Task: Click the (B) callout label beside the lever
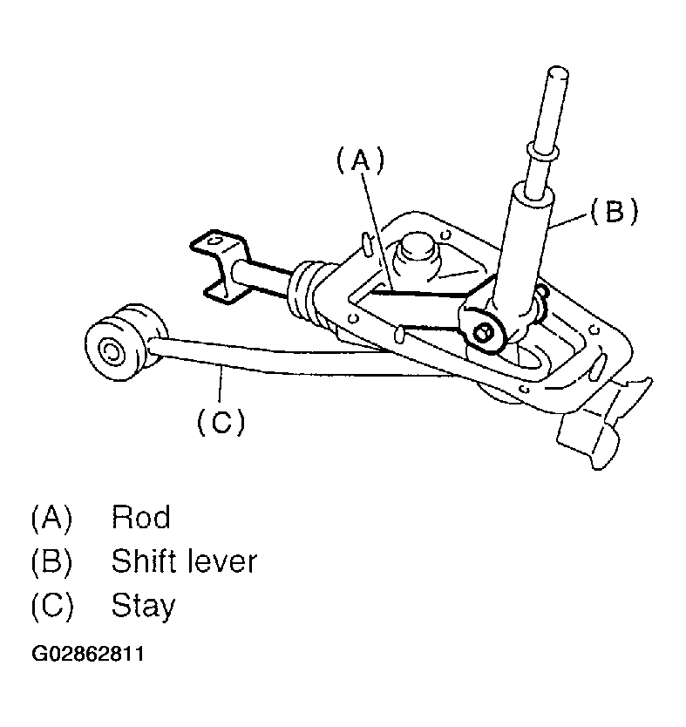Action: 615,212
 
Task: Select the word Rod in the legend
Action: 140,518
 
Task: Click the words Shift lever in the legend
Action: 184,561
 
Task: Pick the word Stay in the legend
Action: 143,605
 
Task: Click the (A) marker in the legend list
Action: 51,518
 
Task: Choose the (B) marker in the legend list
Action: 51,561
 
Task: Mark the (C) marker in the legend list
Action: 51,605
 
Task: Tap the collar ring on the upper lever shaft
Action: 538,154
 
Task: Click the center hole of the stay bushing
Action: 111,352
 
